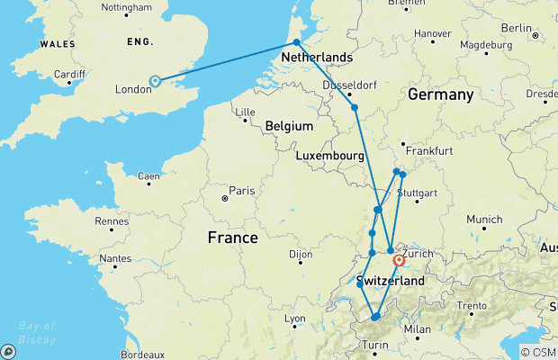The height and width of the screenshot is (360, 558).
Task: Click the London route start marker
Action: (x=155, y=81)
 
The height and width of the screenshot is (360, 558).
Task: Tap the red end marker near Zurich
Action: (x=399, y=261)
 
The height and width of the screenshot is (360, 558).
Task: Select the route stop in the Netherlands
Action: (x=296, y=42)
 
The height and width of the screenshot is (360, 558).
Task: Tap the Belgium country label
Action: (x=289, y=126)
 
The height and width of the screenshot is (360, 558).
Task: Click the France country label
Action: (x=232, y=238)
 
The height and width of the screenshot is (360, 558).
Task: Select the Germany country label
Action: (x=440, y=94)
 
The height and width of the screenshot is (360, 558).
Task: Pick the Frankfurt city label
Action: (x=429, y=151)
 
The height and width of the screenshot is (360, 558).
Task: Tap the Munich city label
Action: (x=484, y=219)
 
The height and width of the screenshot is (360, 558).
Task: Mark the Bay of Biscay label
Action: (x=36, y=332)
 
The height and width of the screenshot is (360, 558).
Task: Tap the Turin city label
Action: (x=376, y=346)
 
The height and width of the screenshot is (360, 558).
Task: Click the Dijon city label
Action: (x=301, y=255)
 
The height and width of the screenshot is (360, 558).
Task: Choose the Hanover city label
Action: (x=432, y=34)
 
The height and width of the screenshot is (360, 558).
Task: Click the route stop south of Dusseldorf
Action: (x=355, y=108)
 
